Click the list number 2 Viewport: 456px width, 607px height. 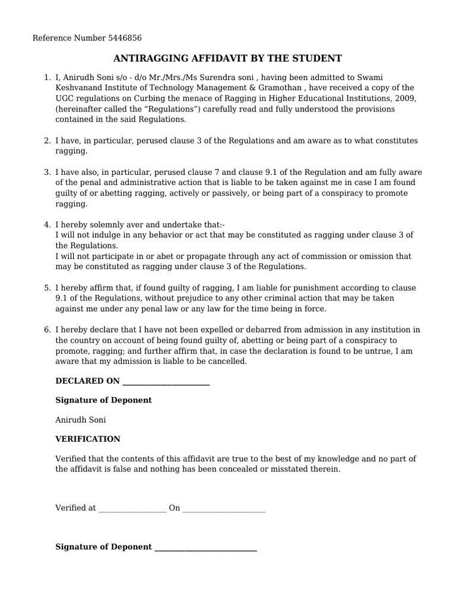click(47, 140)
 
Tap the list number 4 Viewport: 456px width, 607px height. click(47, 225)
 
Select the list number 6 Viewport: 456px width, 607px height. click(47, 330)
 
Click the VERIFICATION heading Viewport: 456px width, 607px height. click(88, 439)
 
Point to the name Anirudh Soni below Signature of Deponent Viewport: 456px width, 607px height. click(81, 420)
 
